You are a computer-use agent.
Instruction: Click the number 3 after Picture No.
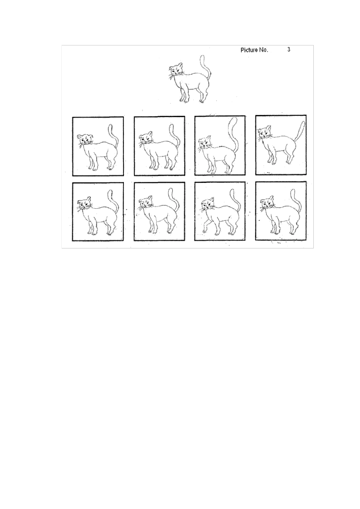289,50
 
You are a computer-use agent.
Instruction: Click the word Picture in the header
249,50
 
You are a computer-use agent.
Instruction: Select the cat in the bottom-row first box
98,214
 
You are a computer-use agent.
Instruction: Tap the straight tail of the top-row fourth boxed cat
299,133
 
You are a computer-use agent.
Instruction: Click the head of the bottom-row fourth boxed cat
267,204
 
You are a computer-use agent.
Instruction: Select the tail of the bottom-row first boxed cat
114,201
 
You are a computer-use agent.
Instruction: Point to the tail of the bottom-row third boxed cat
237,201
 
